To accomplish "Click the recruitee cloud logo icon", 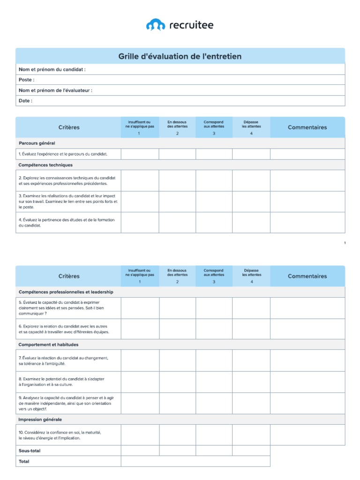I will click(156, 25).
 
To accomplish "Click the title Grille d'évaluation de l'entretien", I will click(180, 56).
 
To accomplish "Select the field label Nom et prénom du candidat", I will click(52, 69).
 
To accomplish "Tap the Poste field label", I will click(26, 80).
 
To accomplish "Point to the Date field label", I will click(25, 101).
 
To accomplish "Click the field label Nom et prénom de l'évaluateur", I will click(55, 90).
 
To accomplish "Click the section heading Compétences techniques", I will click(45, 165).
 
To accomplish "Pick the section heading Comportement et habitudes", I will click(48, 345).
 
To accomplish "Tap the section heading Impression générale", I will click(40, 420).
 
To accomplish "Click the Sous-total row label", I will click(29, 450).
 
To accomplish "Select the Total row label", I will click(23, 461).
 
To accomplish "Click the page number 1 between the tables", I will click(345, 243).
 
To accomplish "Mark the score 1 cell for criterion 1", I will click(140, 154).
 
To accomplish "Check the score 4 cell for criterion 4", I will click(251, 223).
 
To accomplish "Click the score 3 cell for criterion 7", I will click(214, 360).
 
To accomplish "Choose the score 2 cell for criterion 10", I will click(177, 435).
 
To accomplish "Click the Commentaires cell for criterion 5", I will click(307, 308).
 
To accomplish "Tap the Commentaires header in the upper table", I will click(307, 127).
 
